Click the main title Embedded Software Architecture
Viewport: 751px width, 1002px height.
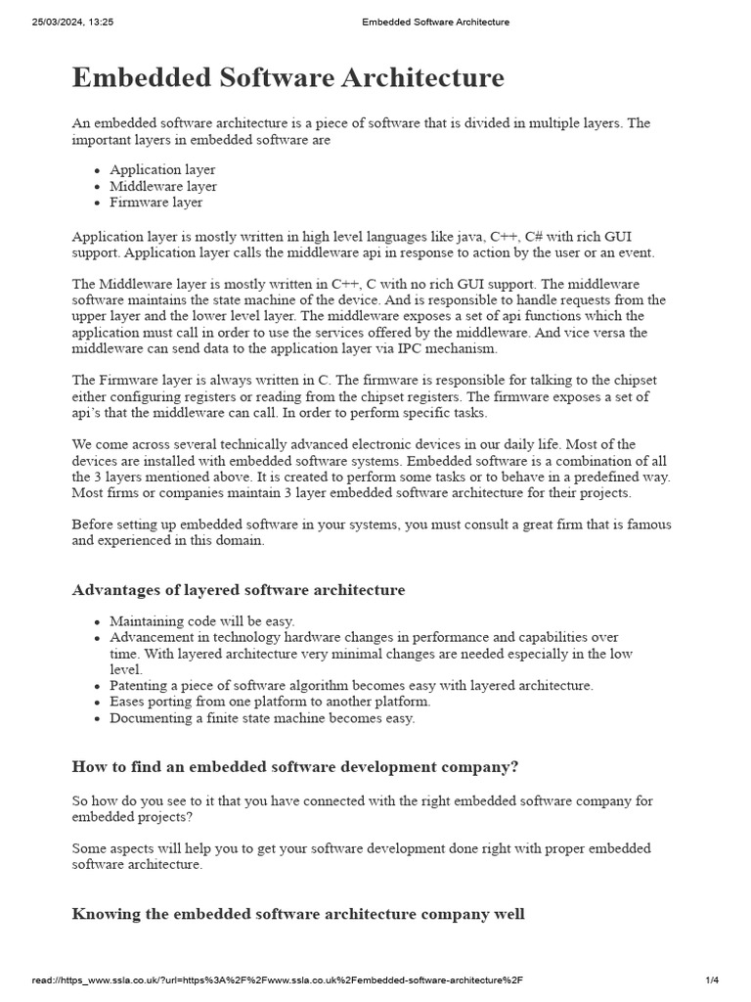(288, 78)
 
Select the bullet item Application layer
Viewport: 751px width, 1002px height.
(162, 169)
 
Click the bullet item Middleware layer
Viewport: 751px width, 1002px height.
(163, 186)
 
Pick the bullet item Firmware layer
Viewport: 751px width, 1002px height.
(156, 203)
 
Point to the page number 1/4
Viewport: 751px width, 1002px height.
(711, 980)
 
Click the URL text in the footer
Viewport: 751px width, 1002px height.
(278, 980)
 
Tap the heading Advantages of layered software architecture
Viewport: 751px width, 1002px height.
(239, 590)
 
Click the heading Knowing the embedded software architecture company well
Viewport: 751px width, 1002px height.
(298, 914)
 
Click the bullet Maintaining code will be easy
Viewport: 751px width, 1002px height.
(202, 621)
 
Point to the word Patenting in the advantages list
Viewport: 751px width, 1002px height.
(138, 686)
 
